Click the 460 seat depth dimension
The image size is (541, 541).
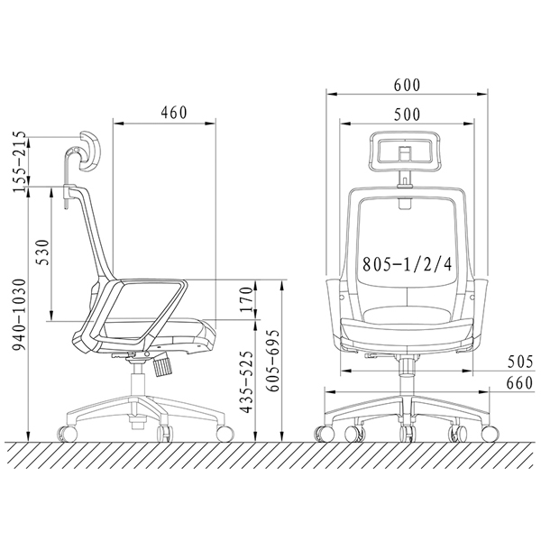(x=174, y=113)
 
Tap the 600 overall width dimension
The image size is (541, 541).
(x=408, y=86)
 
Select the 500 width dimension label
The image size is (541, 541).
(x=408, y=115)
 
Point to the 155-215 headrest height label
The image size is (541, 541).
(x=19, y=161)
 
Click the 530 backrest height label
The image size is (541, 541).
(x=43, y=252)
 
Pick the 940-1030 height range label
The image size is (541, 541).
(x=19, y=315)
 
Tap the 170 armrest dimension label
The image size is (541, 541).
(x=247, y=299)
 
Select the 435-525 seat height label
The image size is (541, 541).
(x=247, y=382)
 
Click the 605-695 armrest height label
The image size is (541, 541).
(x=274, y=361)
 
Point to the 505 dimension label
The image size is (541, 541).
(x=520, y=362)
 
